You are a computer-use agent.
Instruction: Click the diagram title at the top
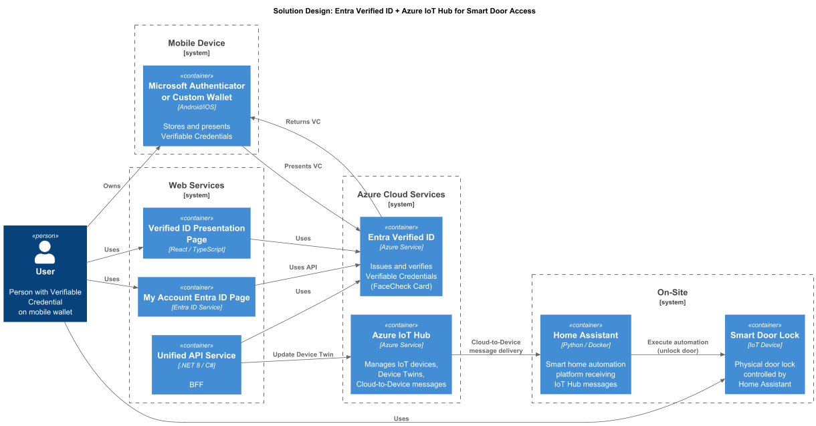pyautogui.click(x=404, y=11)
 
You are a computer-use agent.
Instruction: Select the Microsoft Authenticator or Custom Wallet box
pyautogui.click(x=197, y=106)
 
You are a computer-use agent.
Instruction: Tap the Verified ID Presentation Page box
pyautogui.click(x=197, y=233)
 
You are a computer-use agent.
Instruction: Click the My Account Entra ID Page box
pyautogui.click(x=197, y=296)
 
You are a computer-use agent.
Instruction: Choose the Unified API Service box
pyautogui.click(x=197, y=364)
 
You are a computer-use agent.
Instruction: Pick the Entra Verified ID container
pyautogui.click(x=401, y=255)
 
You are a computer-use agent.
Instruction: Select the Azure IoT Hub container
pyautogui.click(x=401, y=354)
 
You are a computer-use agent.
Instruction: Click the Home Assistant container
pyautogui.click(x=585, y=354)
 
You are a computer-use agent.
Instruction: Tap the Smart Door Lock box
pyautogui.click(x=764, y=354)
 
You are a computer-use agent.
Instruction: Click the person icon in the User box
pyautogui.click(x=45, y=253)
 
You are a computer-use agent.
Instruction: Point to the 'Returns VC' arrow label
pyautogui.click(x=303, y=122)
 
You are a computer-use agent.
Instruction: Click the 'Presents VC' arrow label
pyautogui.click(x=303, y=166)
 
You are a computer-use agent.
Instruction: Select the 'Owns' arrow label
pyautogui.click(x=112, y=185)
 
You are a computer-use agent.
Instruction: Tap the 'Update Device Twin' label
pyautogui.click(x=303, y=354)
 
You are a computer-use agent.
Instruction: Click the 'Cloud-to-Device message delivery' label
pyautogui.click(x=496, y=346)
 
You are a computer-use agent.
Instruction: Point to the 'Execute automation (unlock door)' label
pyautogui.click(x=678, y=346)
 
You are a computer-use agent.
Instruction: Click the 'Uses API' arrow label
pyautogui.click(x=303, y=268)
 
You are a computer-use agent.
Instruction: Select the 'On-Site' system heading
pyautogui.click(x=672, y=292)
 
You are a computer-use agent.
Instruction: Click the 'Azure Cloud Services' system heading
pyautogui.click(x=401, y=195)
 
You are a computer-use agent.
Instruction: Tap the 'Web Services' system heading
pyautogui.click(x=197, y=185)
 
